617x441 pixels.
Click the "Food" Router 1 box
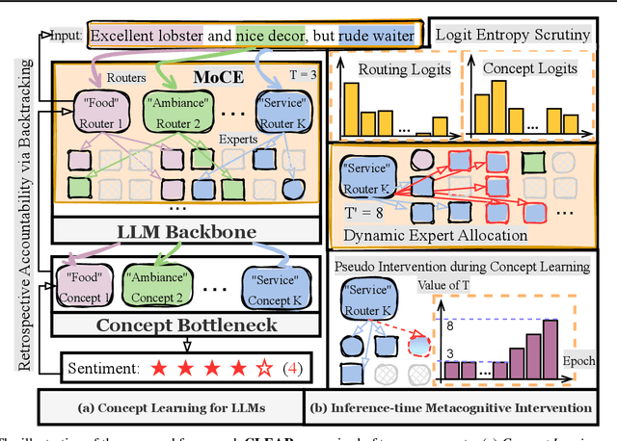99,108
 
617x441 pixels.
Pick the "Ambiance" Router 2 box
182,108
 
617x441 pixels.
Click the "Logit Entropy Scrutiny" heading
513,36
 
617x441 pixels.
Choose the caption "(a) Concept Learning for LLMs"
170,408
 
